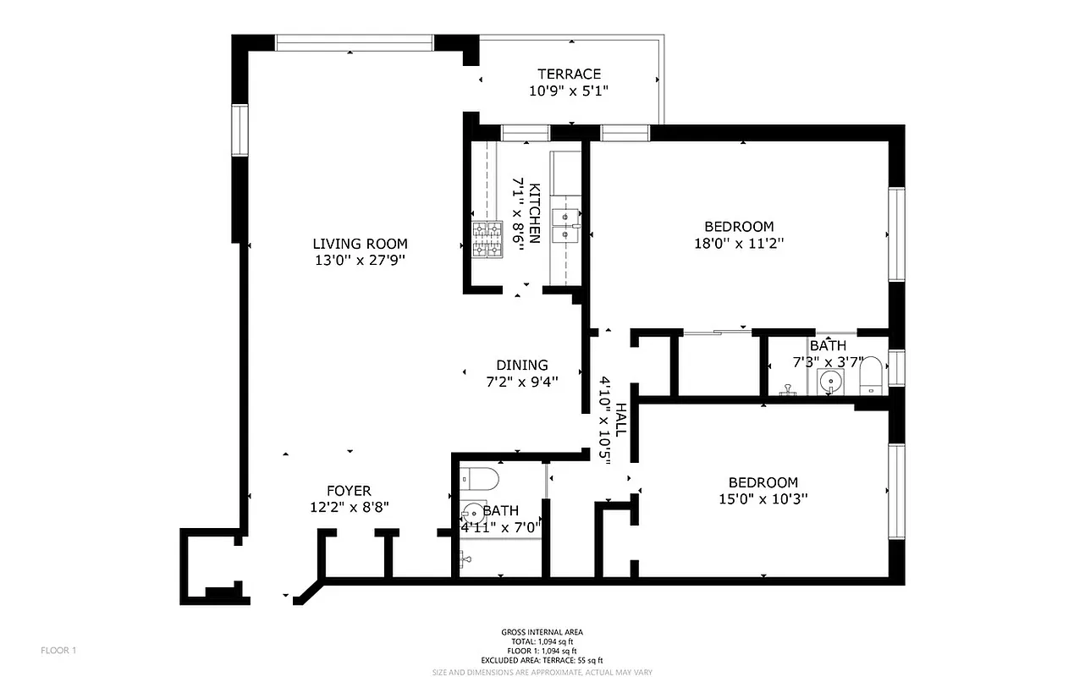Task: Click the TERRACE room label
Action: click(x=569, y=74)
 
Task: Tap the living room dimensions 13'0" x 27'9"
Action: click(x=360, y=261)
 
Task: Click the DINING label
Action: click(x=521, y=365)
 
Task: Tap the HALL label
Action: click(x=621, y=420)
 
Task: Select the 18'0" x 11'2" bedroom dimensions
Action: click(x=739, y=244)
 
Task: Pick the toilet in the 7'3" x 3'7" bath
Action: click(x=871, y=377)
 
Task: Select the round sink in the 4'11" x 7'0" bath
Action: click(x=471, y=513)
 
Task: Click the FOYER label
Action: click(x=349, y=491)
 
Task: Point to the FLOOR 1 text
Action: click(x=58, y=651)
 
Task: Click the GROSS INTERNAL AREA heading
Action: click(x=542, y=632)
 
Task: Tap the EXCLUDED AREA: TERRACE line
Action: click(x=542, y=660)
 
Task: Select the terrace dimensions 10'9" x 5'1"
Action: click(x=569, y=91)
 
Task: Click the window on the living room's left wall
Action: click(x=240, y=130)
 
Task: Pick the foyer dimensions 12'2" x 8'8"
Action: click(x=349, y=508)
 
